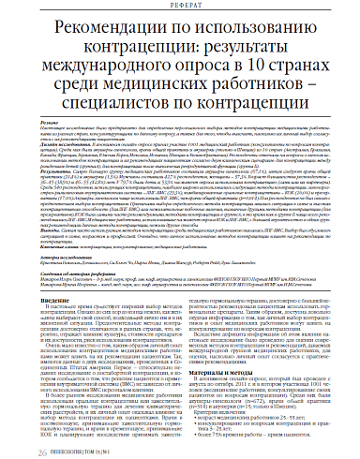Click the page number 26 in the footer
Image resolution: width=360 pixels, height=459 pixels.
(x=15, y=449)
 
